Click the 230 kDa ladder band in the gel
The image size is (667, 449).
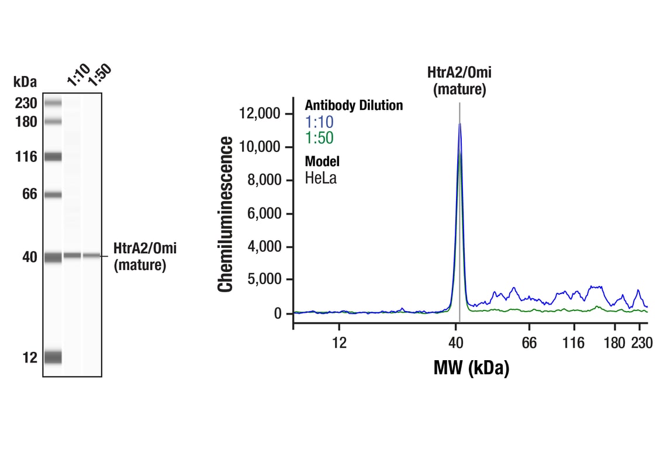point(53,103)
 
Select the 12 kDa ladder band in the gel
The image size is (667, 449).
point(53,357)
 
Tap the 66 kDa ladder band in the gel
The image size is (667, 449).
point(53,195)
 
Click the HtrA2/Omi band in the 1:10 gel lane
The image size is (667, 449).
point(72,255)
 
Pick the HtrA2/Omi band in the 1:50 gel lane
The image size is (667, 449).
point(91,255)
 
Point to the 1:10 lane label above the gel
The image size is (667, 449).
point(78,77)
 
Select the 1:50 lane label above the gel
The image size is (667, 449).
point(99,75)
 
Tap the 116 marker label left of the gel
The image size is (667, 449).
point(26,157)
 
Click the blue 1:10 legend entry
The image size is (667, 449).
point(319,122)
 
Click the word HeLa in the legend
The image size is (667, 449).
point(320,178)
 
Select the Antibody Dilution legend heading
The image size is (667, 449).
point(354,105)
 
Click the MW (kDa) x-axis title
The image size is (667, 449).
point(471,368)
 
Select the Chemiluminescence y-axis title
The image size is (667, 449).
point(226,214)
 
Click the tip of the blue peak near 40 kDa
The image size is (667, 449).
point(459,123)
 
